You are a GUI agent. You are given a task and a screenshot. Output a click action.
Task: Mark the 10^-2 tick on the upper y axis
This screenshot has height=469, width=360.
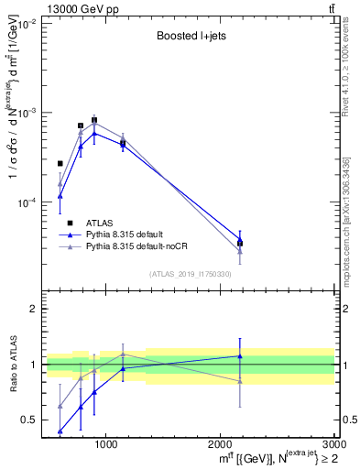tap(28, 24)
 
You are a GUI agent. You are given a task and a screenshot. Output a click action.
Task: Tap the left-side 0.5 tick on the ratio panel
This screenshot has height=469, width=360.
tap(30, 420)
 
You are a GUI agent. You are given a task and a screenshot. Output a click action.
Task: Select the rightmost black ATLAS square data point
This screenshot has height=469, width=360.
tap(240, 243)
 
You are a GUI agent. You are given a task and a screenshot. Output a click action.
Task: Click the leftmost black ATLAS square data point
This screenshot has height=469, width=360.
tap(60, 163)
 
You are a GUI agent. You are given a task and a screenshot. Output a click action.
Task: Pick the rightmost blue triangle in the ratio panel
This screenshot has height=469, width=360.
tap(240, 355)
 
